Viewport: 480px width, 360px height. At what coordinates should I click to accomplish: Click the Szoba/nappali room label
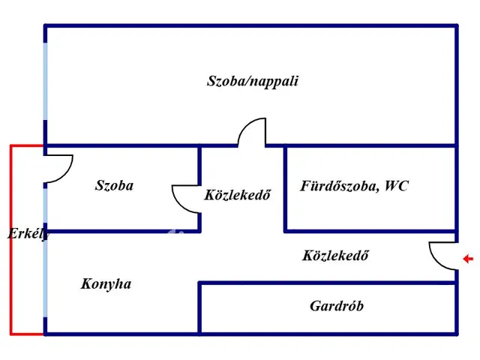252,81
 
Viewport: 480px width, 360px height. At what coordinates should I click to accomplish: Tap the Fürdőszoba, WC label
354,186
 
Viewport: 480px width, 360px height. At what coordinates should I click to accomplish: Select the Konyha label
106,283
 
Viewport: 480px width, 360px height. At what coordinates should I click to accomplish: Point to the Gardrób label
337,306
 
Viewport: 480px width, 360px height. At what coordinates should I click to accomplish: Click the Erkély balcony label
28,234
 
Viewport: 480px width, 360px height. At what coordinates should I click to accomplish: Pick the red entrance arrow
469,259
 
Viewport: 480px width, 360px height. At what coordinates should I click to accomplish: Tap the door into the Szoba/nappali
252,132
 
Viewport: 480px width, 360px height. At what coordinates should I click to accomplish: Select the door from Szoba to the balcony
60,167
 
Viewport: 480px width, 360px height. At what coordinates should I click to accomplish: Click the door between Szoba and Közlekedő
184,199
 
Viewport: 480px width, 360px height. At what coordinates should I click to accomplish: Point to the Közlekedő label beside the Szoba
237,195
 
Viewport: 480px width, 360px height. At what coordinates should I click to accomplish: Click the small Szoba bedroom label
114,185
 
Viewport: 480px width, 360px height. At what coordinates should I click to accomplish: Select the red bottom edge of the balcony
27,332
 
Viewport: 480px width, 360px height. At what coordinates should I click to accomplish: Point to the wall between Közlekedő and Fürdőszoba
286,187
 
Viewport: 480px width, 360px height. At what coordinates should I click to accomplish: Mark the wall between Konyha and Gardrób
199,307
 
